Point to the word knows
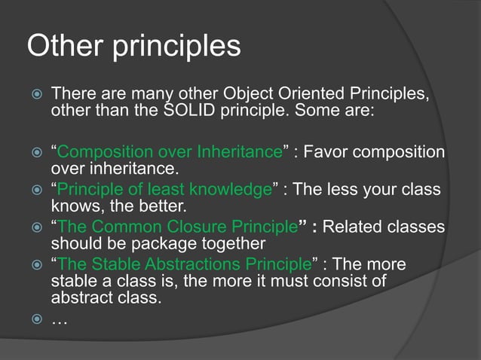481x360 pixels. coord(73,206)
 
